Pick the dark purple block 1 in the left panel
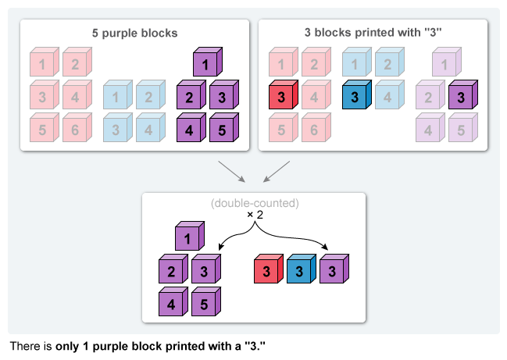(205, 65)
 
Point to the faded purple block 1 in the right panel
(444, 65)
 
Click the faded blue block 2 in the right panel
(387, 65)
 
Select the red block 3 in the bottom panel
(267, 269)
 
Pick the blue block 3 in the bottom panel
(299, 269)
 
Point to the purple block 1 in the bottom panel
(187, 237)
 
